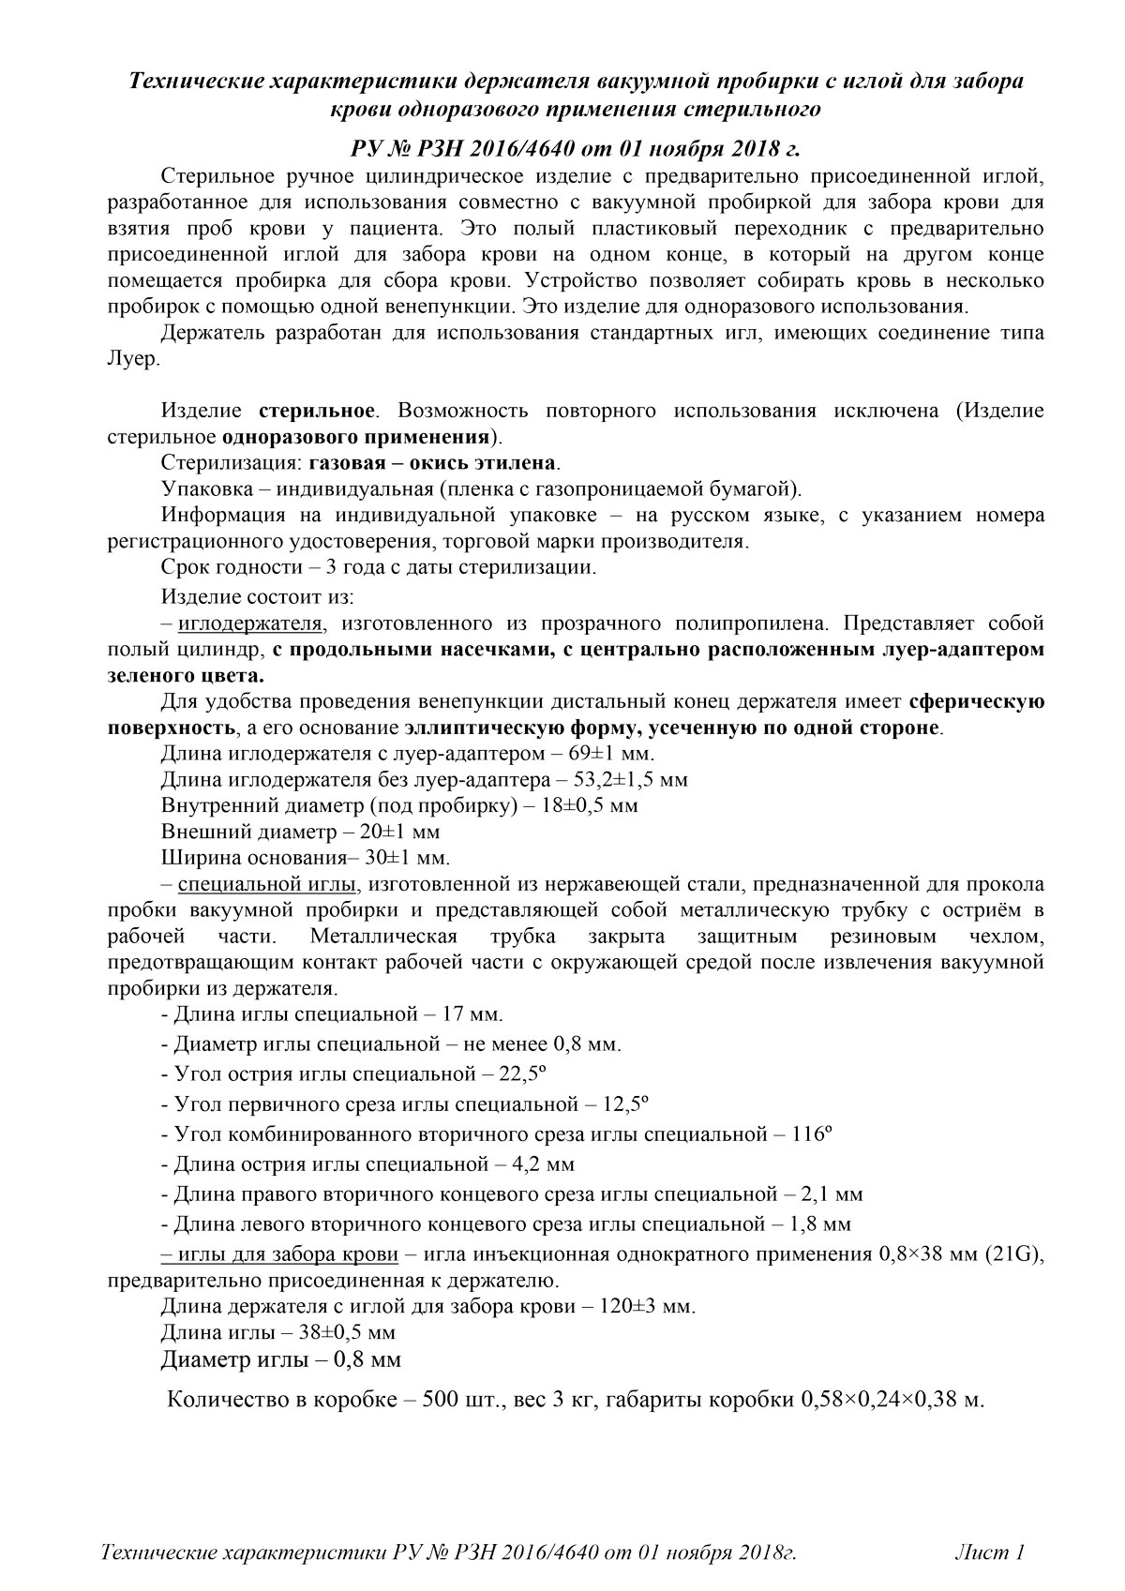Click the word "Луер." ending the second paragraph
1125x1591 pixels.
[133, 360]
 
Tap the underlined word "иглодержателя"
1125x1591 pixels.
[251, 623]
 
